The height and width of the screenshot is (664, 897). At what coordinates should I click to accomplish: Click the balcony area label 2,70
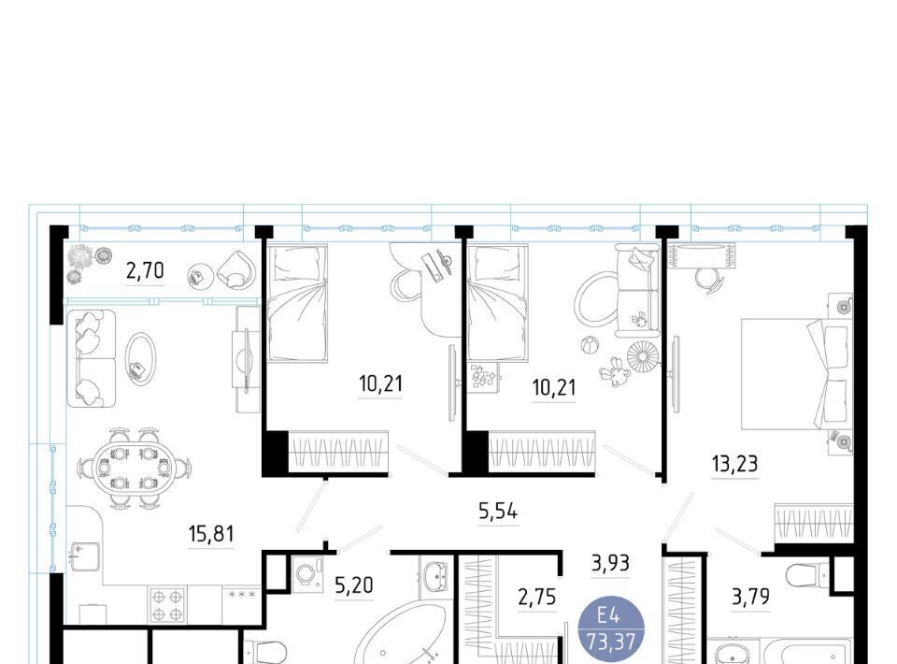tap(146, 270)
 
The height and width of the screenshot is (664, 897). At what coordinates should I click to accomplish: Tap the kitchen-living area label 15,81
tap(211, 534)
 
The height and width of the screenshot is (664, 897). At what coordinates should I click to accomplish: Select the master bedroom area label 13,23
tap(735, 463)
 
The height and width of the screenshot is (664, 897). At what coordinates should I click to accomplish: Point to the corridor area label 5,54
tap(498, 512)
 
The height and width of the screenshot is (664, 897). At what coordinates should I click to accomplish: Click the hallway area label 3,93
tap(610, 563)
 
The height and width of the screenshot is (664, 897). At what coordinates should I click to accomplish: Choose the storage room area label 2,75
tap(536, 597)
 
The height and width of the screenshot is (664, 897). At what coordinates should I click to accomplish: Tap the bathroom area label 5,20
tap(353, 585)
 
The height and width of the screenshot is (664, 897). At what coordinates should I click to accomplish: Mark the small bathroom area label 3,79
tap(750, 597)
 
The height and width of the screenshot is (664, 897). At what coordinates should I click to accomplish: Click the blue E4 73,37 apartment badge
tap(611, 628)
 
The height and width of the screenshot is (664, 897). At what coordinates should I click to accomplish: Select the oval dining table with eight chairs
tap(134, 469)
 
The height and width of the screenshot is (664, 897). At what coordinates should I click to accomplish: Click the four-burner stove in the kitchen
tap(167, 605)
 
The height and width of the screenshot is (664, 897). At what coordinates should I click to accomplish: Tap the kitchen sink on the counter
tap(84, 556)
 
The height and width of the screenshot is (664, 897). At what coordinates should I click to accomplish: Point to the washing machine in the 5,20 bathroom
tap(308, 574)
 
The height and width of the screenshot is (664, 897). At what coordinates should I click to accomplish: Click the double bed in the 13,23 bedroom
tap(797, 374)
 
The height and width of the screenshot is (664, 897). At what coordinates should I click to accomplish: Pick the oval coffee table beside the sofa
tap(139, 359)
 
